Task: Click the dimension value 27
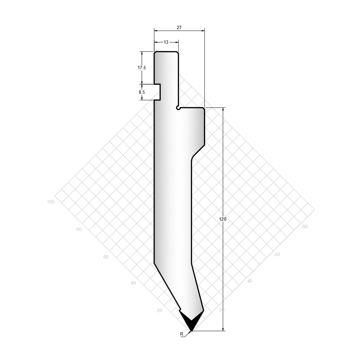179,28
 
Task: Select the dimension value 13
166,42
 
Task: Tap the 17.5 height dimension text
142,68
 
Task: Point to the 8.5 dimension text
142,92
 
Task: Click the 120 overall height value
223,219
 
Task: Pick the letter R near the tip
182,334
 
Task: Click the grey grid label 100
51,202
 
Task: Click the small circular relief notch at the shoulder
178,108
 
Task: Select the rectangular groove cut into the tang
157,92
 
